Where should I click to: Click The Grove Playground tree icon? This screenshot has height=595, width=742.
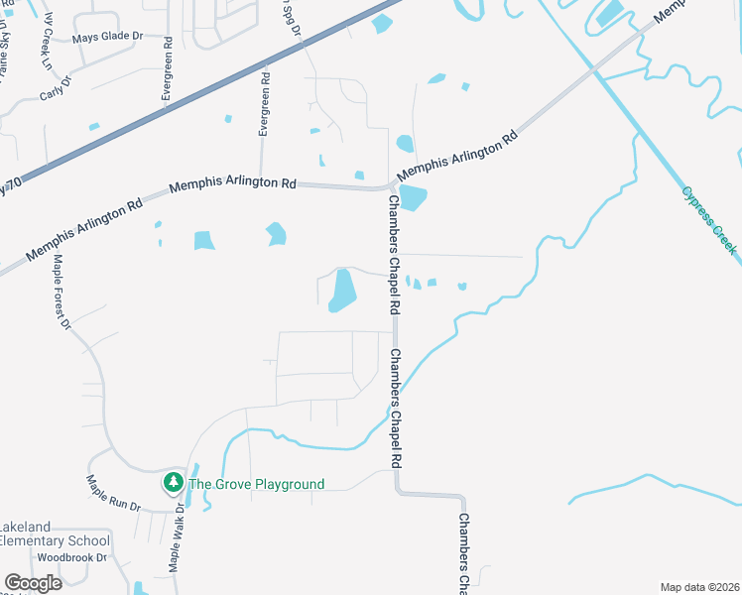tap(174, 483)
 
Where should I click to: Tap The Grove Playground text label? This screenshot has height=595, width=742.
tap(256, 484)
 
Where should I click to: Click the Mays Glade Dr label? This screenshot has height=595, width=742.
tap(107, 38)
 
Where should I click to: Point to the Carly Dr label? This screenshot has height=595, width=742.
tap(56, 89)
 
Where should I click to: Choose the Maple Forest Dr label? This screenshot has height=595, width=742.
tap(62, 291)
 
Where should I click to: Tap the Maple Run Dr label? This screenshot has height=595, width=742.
tap(113, 493)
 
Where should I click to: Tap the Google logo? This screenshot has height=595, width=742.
tap(33, 583)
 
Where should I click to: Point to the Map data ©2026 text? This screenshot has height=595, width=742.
tap(699, 586)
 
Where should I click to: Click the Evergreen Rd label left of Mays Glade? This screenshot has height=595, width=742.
tap(167, 69)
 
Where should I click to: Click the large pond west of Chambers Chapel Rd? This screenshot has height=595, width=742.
tap(342, 291)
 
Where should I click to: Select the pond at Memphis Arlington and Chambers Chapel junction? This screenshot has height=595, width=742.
tap(413, 198)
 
